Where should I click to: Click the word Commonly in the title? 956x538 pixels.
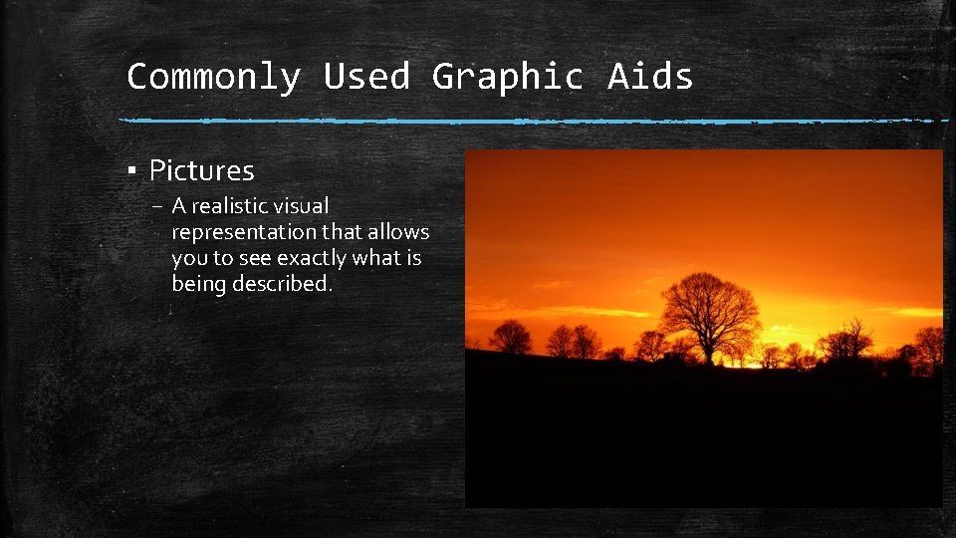point(213,76)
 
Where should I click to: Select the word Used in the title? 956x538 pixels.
point(365,76)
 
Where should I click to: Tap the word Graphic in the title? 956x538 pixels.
point(507,76)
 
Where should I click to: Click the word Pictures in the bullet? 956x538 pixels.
point(201,170)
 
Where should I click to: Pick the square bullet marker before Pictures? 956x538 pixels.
point(131,170)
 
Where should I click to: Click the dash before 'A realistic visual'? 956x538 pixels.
point(159,206)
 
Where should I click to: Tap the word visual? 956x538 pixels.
point(305,206)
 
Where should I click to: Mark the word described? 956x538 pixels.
point(282,284)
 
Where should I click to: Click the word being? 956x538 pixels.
point(198,284)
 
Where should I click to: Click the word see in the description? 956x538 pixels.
point(255,258)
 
